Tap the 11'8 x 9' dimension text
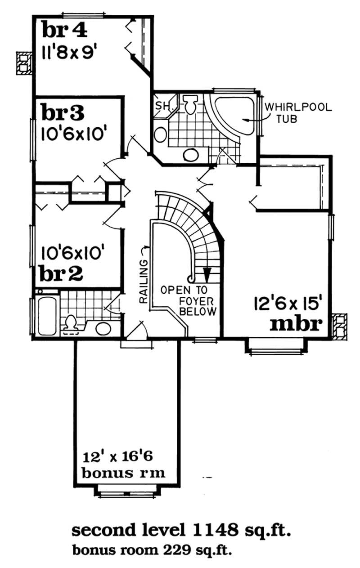tap(70, 50)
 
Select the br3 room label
tap(63, 113)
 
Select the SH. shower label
tap(162, 106)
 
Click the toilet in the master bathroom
tap(189, 105)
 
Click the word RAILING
tap(144, 282)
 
